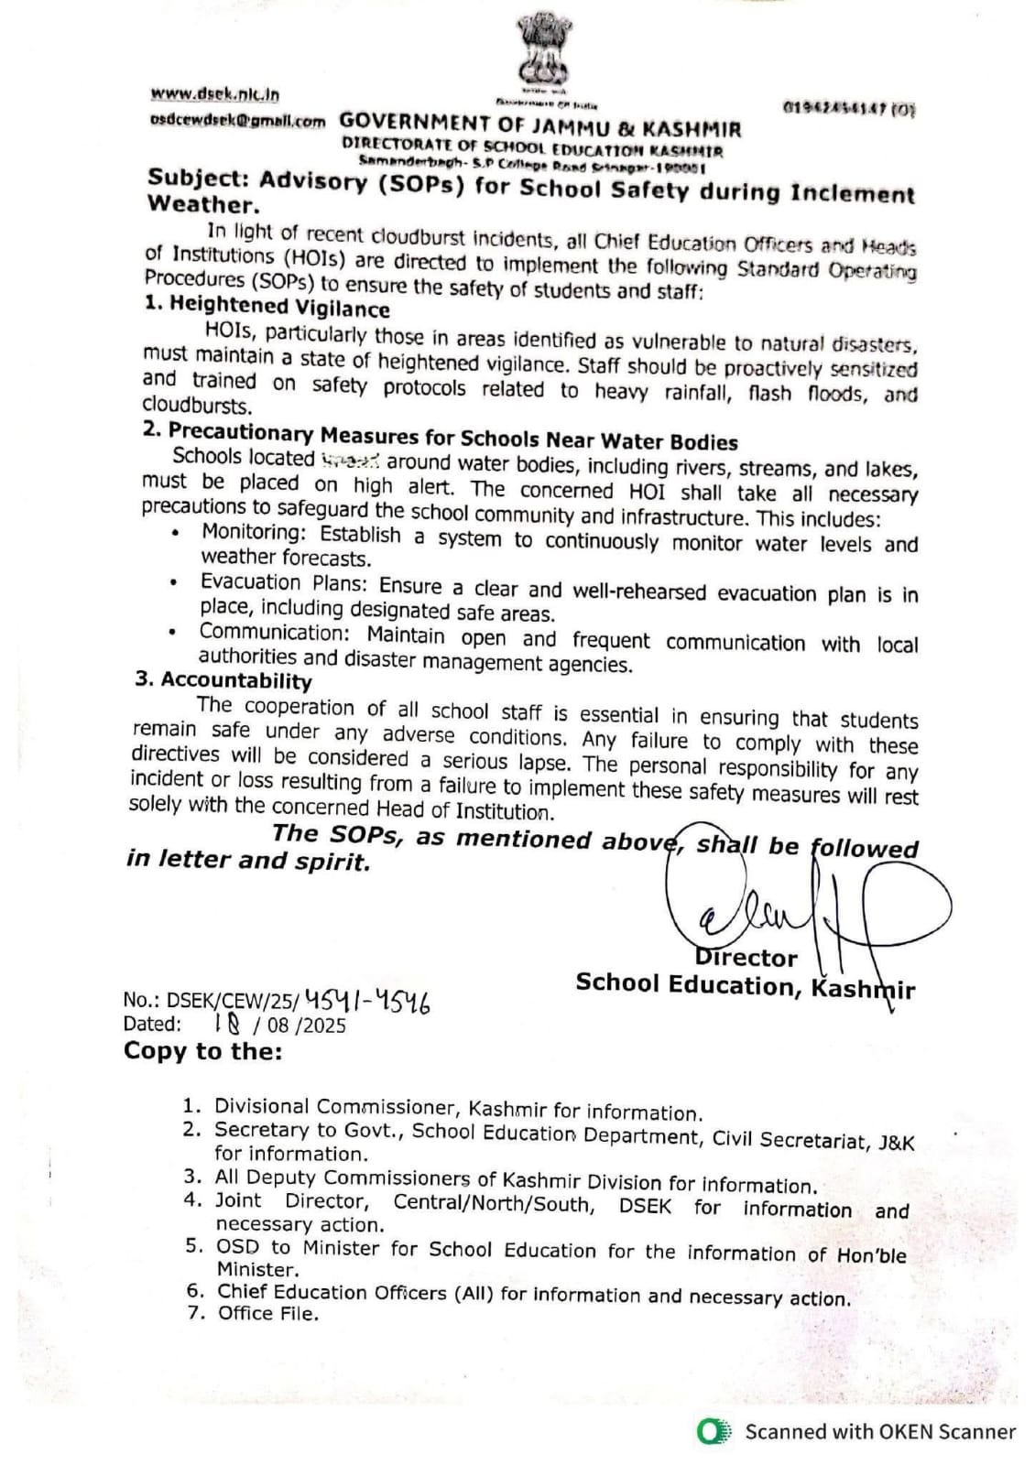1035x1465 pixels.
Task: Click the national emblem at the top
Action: tap(542, 55)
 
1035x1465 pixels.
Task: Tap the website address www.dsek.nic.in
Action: tap(215, 93)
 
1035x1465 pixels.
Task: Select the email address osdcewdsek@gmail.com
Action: tap(236, 120)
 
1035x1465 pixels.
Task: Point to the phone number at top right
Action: tap(847, 109)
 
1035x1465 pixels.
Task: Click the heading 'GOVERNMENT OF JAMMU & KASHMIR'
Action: tap(539, 126)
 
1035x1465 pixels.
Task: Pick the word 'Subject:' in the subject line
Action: tap(197, 179)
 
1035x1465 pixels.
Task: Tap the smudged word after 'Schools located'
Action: tap(353, 461)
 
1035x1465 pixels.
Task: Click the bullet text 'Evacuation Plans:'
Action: tap(284, 583)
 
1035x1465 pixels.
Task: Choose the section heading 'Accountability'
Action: tap(235, 680)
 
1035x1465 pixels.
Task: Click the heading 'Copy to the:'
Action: tap(203, 1051)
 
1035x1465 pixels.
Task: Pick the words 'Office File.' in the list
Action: tap(268, 1314)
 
